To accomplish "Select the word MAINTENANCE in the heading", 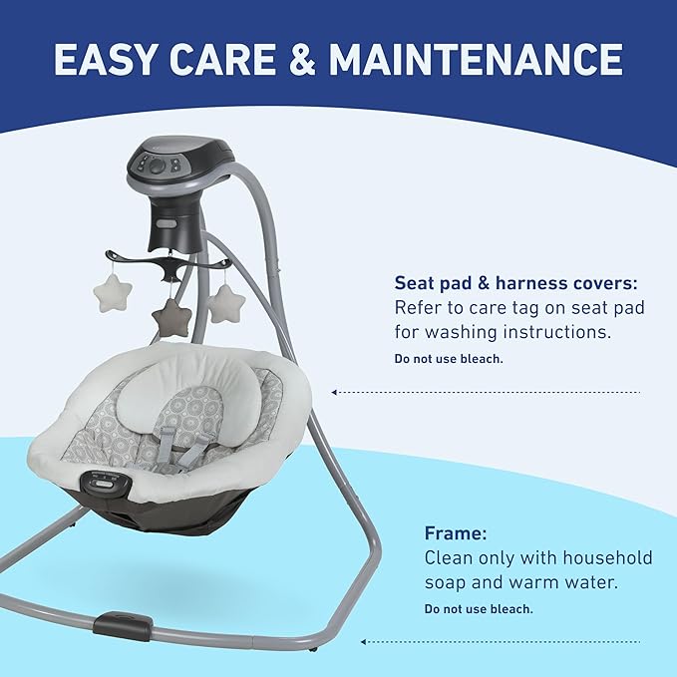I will point(477,59).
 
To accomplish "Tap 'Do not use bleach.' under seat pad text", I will point(449,358).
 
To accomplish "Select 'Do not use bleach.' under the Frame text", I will point(478,608).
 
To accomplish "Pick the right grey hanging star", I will point(225,302).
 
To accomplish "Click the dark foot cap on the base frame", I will point(124,626).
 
